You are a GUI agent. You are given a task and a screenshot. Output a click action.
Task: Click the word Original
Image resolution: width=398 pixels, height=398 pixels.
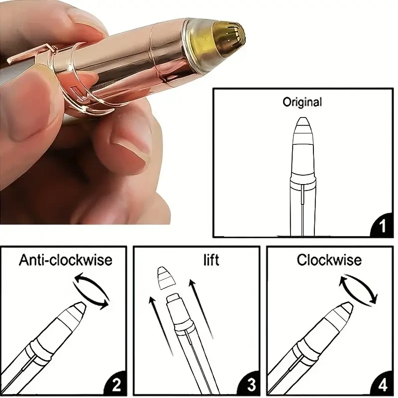[x=302, y=103]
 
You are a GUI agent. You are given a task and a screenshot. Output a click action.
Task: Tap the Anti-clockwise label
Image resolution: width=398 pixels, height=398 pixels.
[x=66, y=260]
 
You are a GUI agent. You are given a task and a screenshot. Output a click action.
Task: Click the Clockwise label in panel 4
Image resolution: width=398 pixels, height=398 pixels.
[x=329, y=260]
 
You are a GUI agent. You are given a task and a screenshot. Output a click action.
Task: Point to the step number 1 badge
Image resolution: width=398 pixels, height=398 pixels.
[x=382, y=227]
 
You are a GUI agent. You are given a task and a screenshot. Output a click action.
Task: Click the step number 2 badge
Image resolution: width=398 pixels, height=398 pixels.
[x=115, y=384]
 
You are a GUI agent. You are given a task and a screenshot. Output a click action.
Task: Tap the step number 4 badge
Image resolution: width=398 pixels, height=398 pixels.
[x=382, y=384]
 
